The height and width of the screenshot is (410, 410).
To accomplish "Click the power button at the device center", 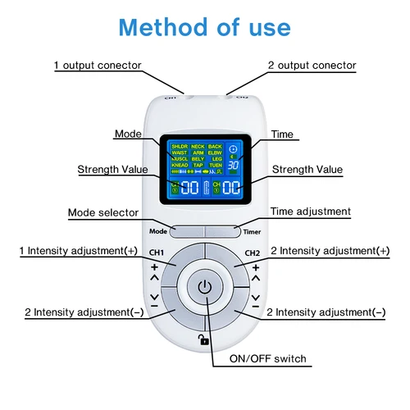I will coord(205,289).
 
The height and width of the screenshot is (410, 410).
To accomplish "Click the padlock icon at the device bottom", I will coord(203,339).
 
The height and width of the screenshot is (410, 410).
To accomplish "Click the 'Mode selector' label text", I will coord(102,213).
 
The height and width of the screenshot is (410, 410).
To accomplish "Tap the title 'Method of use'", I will coord(204,25).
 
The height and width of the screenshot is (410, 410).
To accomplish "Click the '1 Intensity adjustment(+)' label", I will coord(79,250).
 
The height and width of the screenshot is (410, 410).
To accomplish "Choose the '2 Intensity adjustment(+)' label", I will coord(330,250).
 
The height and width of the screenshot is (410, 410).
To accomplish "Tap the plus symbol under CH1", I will coord(154,267).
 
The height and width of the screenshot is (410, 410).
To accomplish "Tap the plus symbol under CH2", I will coord(255,267).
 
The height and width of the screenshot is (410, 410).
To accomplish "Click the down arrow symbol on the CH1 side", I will coord(154,297).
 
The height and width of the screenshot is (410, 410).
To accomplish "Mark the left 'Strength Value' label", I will coord(112,170).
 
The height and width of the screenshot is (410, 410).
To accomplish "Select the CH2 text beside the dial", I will coord(252,253).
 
